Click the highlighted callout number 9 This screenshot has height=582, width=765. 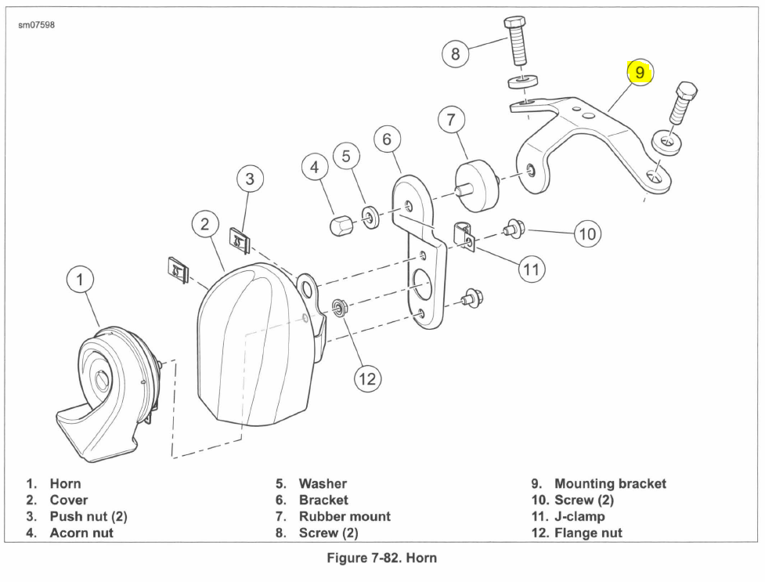point(640,73)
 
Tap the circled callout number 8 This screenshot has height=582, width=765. point(455,53)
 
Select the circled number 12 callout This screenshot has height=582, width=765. point(367,379)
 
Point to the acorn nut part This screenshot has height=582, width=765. point(341,225)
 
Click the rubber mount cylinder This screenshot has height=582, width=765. point(476,186)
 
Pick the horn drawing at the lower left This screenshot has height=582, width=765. point(106,395)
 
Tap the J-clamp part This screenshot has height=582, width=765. point(464,237)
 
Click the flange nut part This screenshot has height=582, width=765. point(337,308)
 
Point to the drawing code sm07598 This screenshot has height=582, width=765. point(37,24)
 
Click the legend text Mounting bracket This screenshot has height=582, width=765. point(610,484)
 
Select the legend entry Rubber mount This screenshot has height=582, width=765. point(345,516)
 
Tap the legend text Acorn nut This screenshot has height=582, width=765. point(81,533)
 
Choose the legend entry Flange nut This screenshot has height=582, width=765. point(588,533)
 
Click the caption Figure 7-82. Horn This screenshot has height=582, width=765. point(381,558)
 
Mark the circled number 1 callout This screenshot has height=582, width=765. point(80,280)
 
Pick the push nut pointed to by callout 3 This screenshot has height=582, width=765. point(240,240)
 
